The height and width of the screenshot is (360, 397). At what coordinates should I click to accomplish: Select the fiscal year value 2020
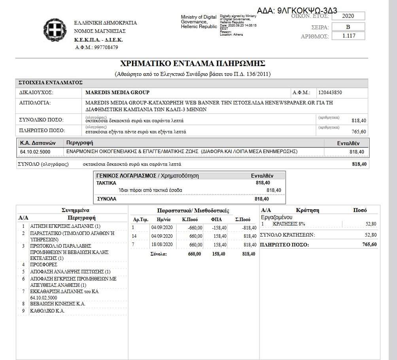point(348,16)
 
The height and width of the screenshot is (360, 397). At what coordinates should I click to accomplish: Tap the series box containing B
point(348,27)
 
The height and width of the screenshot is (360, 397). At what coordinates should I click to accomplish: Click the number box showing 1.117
point(348,36)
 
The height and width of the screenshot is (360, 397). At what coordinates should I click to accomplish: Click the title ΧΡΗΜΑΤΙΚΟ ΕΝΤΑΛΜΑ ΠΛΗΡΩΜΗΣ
point(192,63)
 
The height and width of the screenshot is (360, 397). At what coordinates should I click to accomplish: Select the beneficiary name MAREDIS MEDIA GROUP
point(117,93)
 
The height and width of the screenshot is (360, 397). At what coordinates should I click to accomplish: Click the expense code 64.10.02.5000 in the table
point(38,152)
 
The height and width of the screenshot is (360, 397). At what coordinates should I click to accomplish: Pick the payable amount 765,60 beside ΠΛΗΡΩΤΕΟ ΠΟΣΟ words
point(358,132)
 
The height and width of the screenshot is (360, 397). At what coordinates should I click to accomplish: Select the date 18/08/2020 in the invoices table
point(162,244)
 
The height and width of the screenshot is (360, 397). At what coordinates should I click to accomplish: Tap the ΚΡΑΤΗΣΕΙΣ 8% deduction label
point(289,224)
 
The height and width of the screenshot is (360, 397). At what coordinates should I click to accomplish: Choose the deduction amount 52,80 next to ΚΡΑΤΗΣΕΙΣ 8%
point(371,224)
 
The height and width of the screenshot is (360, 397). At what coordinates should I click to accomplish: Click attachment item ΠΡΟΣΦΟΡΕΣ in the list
point(44,264)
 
